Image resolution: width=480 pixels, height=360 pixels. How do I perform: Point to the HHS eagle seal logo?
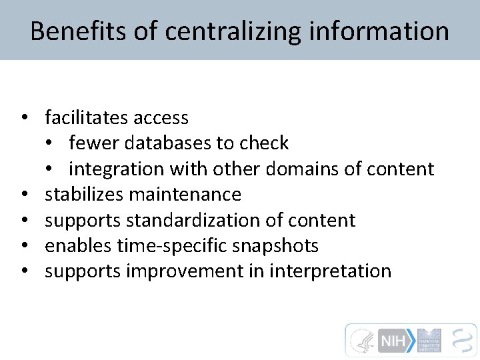pos(362,341)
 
